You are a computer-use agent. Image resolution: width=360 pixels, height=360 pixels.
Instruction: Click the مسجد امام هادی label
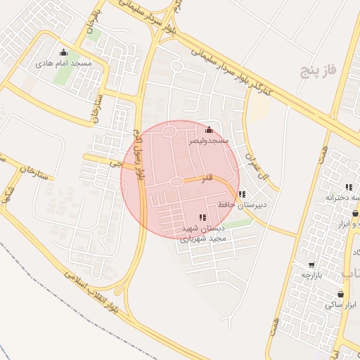pos(64,63)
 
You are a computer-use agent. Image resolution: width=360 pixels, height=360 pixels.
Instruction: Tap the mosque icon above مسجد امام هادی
pos(64,52)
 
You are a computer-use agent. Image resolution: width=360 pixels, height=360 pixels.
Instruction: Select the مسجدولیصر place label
pos(208,141)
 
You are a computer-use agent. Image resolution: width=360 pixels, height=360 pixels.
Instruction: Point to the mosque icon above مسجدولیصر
pos(208,129)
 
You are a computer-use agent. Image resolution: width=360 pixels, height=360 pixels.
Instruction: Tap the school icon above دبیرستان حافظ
pos(242,194)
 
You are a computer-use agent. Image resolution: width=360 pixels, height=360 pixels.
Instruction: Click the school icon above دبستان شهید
pos(202,218)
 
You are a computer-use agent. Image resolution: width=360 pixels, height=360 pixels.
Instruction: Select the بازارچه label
pos(311,275)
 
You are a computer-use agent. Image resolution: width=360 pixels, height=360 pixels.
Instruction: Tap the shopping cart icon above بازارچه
pos(311,265)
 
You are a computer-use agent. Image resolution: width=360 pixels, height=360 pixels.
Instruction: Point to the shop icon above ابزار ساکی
pos(341,294)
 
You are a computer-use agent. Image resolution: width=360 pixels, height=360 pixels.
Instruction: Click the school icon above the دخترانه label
pos(348,187)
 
